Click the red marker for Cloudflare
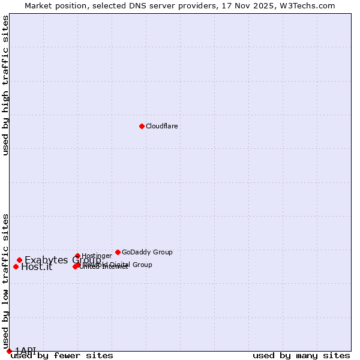pyautogui.click(x=142, y=126)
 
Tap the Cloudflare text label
pyautogui.click(x=162, y=127)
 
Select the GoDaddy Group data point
pyautogui.click(x=118, y=252)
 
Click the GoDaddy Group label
pyautogui.click(x=147, y=253)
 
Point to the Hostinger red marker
pyautogui.click(x=77, y=256)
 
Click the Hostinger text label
pyautogui.click(x=97, y=256)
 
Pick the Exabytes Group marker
pyautogui.click(x=19, y=260)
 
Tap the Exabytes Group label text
pyautogui.click(x=62, y=260)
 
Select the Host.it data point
pyautogui.click(x=16, y=266)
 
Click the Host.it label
pyautogui.click(x=37, y=268)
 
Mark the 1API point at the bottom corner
pyautogui.click(x=9, y=351)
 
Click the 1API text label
pyautogui.click(x=25, y=351)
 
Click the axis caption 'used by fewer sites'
pyautogui.click(x=62, y=356)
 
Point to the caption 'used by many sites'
pyautogui.click(x=301, y=356)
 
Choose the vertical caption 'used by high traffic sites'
pyautogui.click(x=6, y=85)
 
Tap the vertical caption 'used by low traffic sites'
pyautogui.click(x=6, y=281)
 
